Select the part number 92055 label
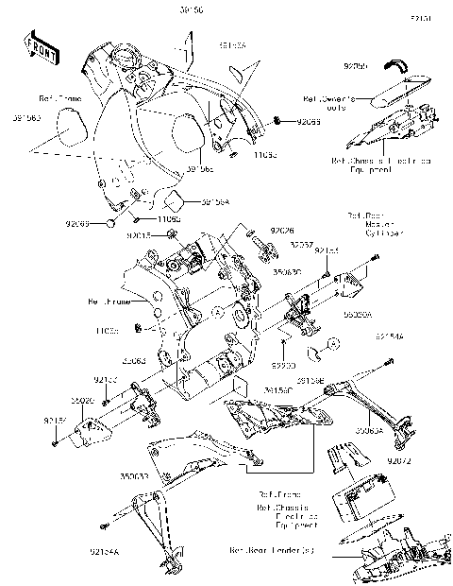[355, 68]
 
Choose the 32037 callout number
[302, 243]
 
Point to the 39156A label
[214, 201]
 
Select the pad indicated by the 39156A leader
[174, 200]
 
